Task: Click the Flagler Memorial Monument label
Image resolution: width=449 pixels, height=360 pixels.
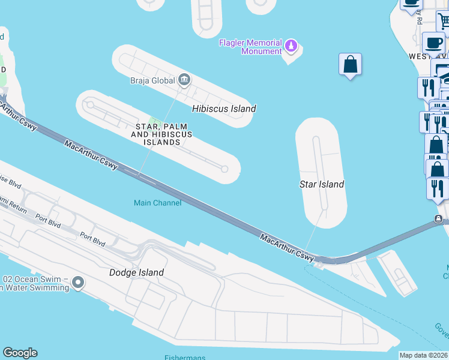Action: pos(250,47)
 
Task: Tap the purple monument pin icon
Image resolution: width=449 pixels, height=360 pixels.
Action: pos(291,45)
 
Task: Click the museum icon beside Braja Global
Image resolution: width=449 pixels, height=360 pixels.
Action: pos(184,79)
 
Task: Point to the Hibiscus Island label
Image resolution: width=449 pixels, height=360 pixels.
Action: pos(224,109)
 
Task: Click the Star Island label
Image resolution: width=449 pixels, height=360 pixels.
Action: pos(322,184)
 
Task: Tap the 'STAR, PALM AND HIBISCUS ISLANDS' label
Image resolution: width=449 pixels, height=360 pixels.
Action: pos(161,134)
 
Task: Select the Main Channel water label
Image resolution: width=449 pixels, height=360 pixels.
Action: pos(157,203)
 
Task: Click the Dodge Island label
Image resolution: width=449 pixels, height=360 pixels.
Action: pos(136,272)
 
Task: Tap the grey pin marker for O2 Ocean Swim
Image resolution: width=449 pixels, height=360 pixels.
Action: pos(77,281)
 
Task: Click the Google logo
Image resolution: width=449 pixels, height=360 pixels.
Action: pos(20,353)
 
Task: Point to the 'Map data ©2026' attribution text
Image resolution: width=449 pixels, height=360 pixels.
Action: pos(423,355)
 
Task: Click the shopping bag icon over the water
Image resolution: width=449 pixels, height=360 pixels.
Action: pos(350,64)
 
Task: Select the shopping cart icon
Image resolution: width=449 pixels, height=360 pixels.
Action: pos(444,22)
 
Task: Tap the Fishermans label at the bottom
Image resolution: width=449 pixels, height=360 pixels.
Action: pos(185,358)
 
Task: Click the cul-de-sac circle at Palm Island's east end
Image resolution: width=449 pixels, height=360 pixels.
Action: pos(224,169)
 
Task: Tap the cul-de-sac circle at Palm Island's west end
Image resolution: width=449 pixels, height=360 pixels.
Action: pos(91,105)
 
